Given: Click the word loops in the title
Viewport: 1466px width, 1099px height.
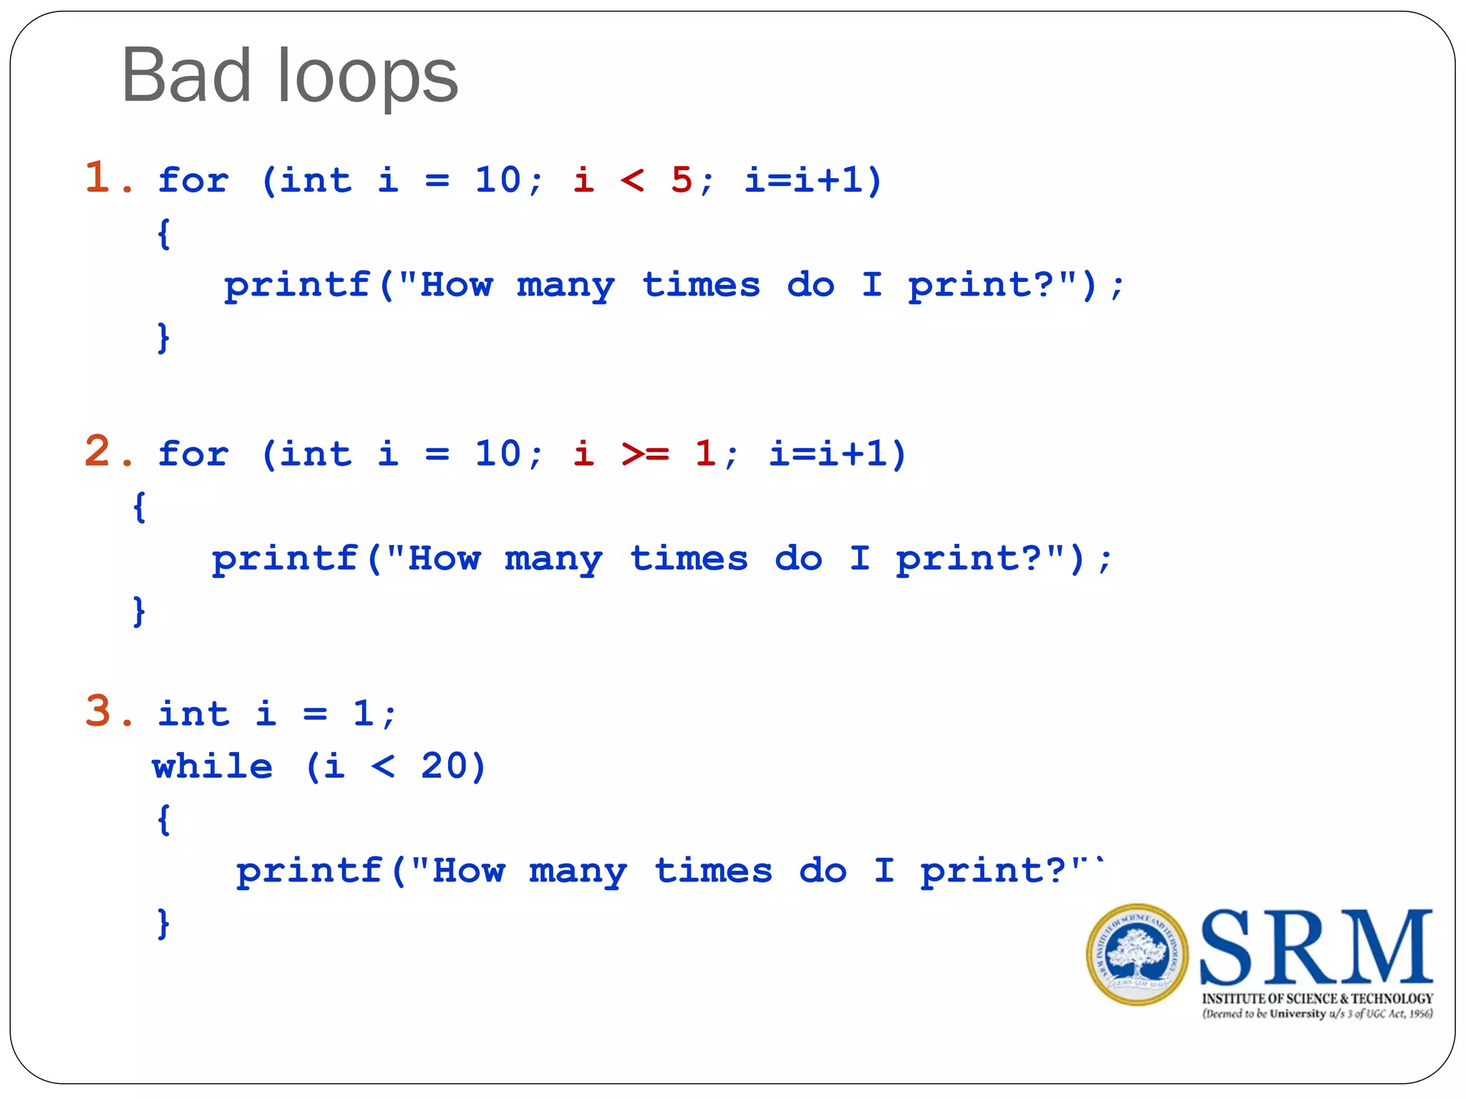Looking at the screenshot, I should click(x=366, y=77).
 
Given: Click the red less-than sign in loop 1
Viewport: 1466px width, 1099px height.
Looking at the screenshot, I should click(x=632, y=180).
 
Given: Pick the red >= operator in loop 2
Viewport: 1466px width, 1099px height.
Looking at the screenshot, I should click(x=645, y=454).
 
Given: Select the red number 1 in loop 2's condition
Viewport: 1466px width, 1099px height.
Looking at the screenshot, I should click(x=705, y=453).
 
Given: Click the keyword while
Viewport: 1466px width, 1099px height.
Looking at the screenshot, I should click(x=213, y=766).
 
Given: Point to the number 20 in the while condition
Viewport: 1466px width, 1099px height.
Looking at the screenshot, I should click(x=443, y=766).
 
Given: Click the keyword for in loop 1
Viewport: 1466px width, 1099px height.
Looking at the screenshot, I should click(x=193, y=180).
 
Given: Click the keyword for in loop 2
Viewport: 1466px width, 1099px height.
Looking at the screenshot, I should click(x=193, y=454).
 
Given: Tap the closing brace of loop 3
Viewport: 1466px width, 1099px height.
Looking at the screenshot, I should click(x=163, y=923).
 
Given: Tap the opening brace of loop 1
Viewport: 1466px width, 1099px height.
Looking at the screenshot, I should click(x=163, y=233).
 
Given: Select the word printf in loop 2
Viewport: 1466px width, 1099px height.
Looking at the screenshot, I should click(x=285, y=559).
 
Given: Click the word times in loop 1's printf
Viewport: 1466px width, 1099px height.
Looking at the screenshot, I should click(x=701, y=285).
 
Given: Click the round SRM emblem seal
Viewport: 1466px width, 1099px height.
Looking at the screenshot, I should click(x=1137, y=954).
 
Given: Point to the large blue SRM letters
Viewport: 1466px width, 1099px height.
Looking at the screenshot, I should click(x=1316, y=947).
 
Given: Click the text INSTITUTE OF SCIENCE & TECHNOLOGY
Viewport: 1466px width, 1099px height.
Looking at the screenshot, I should click(x=1317, y=998).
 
